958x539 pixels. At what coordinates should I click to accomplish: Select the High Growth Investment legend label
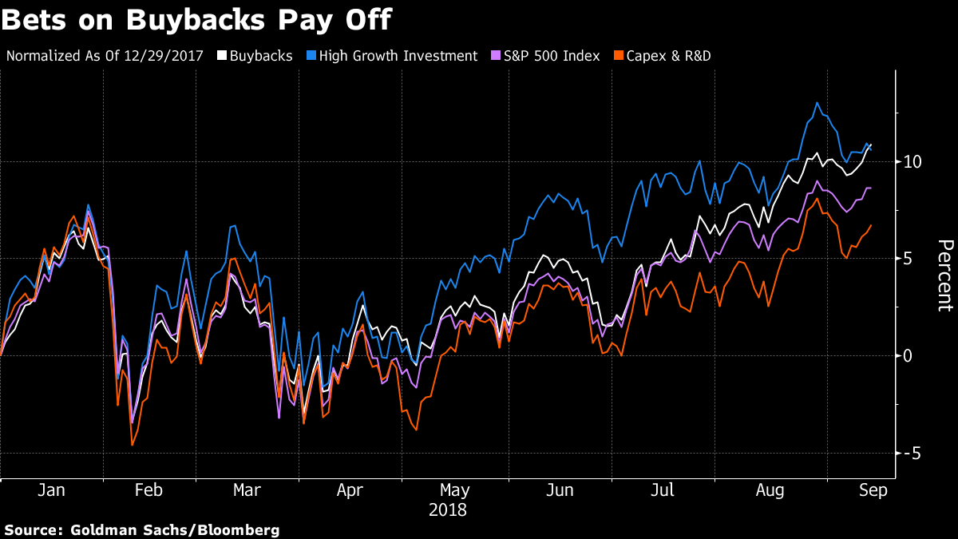(398, 56)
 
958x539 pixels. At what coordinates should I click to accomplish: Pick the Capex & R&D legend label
(667, 56)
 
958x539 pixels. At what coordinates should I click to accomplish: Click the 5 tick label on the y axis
(909, 259)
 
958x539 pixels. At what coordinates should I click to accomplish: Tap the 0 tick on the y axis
(909, 355)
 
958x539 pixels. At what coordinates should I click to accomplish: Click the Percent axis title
(944, 275)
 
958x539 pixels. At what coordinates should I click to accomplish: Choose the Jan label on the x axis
(52, 489)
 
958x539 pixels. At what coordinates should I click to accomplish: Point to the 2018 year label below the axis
(448, 509)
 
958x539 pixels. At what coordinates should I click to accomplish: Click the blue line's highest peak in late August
(817, 102)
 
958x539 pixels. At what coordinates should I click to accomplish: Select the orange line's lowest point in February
(132, 445)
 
